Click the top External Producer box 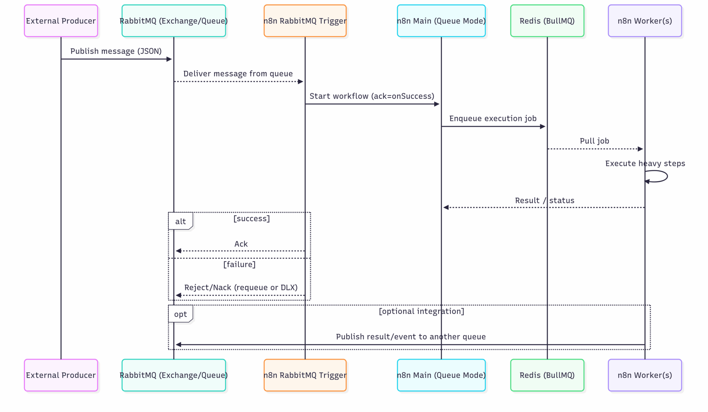coord(61,21)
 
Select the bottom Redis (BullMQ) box coord(547,375)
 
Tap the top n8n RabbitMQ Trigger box coord(305,21)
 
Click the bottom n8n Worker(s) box coord(645,375)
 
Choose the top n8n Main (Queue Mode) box coord(441,21)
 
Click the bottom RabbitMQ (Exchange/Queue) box coord(174,375)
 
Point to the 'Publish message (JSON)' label coord(116,51)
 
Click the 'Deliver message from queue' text coord(238,74)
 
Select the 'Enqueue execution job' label coord(493,119)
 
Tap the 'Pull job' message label coord(594,141)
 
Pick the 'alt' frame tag coord(180,221)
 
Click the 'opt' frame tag coord(180,314)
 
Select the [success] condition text coord(251,218)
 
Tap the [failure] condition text coord(239,264)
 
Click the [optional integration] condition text coord(421,311)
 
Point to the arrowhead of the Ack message coord(178,251)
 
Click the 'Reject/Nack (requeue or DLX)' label coord(241,288)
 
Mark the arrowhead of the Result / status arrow coord(446,207)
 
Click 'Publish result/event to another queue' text coord(411,337)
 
